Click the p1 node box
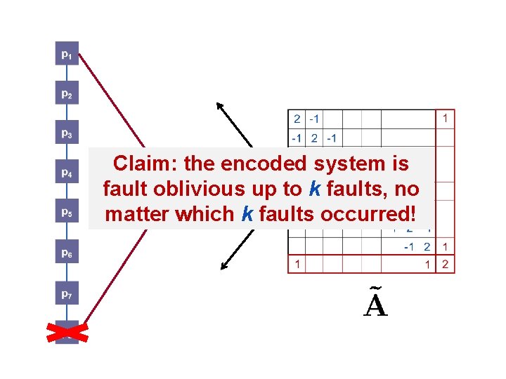point(66,54)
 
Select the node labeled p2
point(66,93)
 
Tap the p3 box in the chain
point(66,133)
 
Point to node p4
point(66,172)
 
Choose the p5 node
point(66,211)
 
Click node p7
point(66,295)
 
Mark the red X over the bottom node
point(67,333)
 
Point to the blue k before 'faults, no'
point(313,189)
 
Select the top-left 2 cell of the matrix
point(297,119)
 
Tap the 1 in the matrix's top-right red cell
point(445,119)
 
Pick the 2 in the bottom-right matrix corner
point(445,265)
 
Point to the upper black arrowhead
point(220,106)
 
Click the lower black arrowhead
point(224,266)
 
